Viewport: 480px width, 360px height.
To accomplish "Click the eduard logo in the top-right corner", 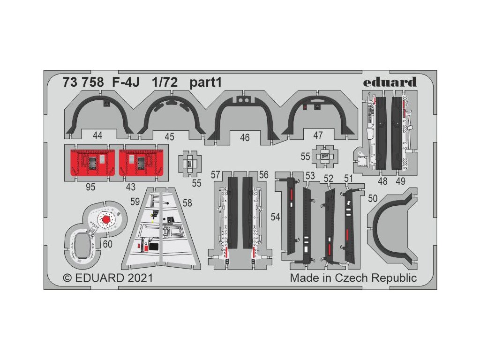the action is [396, 82].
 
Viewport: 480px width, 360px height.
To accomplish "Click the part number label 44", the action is [97, 135].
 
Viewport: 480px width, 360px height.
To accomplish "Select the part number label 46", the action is [245, 138].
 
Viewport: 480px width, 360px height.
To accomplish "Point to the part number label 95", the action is [91, 187].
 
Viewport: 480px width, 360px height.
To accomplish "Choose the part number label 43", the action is [131, 187].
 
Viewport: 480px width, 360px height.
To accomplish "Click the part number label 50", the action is [373, 199].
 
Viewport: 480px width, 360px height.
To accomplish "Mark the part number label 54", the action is [276, 217].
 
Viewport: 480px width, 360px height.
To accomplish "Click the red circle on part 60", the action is [106, 219].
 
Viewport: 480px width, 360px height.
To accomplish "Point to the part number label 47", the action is [318, 135].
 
